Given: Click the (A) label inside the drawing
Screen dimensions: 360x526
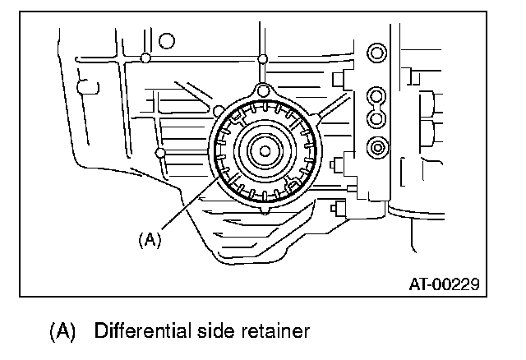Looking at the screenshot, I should click(x=149, y=239).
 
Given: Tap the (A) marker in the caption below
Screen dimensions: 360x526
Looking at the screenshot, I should click(x=62, y=333).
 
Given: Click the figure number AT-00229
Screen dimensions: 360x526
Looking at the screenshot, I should click(x=444, y=284).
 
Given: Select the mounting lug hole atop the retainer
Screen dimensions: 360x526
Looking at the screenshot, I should click(x=263, y=90).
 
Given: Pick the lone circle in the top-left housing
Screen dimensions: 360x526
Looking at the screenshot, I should click(x=167, y=40).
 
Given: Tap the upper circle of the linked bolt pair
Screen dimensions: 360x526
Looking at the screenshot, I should click(x=376, y=95).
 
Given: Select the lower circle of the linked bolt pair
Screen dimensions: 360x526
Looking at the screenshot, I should click(x=376, y=119).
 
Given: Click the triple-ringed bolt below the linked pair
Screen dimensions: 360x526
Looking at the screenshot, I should click(x=376, y=149).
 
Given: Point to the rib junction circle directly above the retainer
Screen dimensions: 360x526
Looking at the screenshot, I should click(x=263, y=58).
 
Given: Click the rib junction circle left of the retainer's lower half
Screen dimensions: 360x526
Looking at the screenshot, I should click(x=161, y=153).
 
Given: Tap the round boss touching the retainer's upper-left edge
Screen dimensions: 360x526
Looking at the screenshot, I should click(x=217, y=110).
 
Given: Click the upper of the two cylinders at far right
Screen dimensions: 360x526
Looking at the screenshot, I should click(x=428, y=104).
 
